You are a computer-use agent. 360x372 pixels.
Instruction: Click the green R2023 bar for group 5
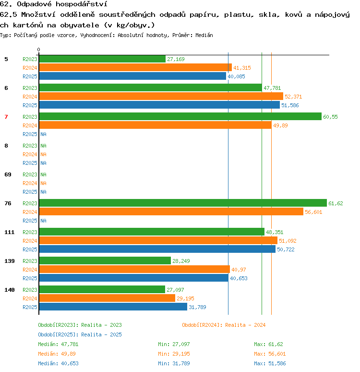(102, 59)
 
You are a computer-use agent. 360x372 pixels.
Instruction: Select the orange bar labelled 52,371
(161, 96)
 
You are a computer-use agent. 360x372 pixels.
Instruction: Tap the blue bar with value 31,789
(113, 307)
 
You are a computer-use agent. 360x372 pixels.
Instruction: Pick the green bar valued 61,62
(183, 203)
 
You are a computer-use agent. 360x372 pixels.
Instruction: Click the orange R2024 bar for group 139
(134, 269)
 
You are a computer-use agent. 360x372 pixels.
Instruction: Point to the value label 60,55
(330, 117)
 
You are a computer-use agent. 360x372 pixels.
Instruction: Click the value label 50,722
(286, 249)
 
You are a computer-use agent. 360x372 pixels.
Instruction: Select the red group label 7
(6, 117)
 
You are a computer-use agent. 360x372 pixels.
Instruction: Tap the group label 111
(10, 232)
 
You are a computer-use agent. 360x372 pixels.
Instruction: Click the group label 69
(8, 174)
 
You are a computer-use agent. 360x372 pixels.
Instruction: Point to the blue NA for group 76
(43, 221)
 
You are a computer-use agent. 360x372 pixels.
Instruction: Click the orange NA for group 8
(43, 154)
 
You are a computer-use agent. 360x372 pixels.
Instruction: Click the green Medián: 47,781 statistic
(58, 344)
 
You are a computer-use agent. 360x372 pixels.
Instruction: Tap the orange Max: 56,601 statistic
(270, 354)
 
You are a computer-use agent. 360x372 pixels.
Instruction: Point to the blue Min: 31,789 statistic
(174, 363)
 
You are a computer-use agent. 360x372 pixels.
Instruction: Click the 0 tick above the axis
(38, 50)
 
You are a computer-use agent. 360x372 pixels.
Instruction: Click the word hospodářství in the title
(81, 4)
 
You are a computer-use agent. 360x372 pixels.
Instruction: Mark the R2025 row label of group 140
(30, 307)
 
